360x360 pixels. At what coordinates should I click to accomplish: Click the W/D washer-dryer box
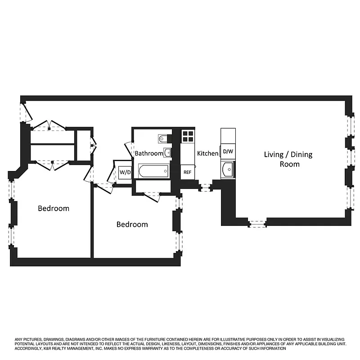(x=124, y=172)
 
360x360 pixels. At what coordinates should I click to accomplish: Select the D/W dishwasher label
(x=228, y=152)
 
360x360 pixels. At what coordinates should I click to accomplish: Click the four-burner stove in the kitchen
(x=188, y=136)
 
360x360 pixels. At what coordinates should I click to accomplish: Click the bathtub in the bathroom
(x=153, y=171)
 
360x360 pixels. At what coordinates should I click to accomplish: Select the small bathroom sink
(x=167, y=153)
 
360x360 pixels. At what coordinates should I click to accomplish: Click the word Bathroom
(x=148, y=153)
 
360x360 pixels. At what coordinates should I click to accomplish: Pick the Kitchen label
(x=208, y=153)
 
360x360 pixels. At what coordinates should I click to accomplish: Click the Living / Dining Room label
(x=288, y=159)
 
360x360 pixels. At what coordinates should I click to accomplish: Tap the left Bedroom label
(x=54, y=208)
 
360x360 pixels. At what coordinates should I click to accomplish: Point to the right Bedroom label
(x=132, y=224)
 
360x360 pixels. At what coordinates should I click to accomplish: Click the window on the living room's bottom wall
(x=257, y=222)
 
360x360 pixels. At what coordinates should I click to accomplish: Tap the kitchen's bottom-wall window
(x=205, y=187)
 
